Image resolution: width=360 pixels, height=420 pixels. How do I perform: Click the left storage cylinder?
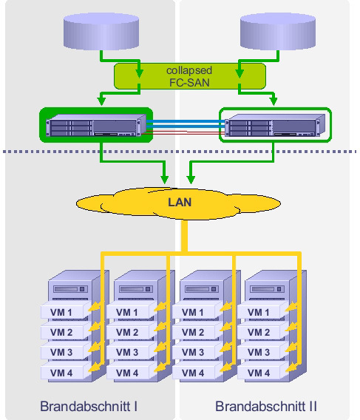pos(101,31)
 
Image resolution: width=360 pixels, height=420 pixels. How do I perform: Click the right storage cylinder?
pos(278,31)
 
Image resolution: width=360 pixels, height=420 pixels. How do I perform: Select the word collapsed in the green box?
pos(189,70)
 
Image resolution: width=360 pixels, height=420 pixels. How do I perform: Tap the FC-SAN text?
pos(189,83)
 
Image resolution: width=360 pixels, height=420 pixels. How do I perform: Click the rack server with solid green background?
pos(96,125)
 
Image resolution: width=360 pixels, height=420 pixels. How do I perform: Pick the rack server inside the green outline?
pos(275,125)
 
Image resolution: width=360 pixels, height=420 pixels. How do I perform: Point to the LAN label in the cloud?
pos(180,202)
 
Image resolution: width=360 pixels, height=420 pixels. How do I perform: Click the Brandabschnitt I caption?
pos(89,406)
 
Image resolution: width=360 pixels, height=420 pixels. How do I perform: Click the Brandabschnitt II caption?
pos(266,406)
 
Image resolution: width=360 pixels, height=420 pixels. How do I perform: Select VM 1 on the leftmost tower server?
pos(61,312)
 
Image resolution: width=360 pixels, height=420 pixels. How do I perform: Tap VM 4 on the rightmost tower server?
pos(259,373)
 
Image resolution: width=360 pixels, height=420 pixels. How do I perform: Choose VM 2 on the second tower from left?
pos(127,333)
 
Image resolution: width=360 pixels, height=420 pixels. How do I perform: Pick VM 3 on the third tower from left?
pos(193,353)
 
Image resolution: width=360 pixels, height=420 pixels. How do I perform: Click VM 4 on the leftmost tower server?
pos(61,373)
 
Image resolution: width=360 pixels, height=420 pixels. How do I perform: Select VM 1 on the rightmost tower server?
pos(259,312)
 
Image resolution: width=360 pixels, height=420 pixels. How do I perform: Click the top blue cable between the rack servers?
pos(186,121)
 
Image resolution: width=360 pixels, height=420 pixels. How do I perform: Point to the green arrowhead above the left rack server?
pos(101,101)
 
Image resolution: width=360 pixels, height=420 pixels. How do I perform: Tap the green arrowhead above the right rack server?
pos(274,101)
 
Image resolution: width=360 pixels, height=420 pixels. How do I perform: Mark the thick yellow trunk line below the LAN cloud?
pos(184,236)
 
